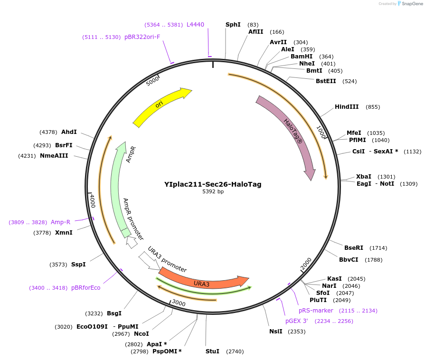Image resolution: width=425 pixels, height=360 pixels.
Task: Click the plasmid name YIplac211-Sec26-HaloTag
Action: (x=213, y=184)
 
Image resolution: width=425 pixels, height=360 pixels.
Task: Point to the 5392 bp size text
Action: (x=213, y=192)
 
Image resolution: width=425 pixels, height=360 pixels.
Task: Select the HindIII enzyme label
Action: (x=347, y=107)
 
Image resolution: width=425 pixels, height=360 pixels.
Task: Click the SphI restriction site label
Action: (x=233, y=24)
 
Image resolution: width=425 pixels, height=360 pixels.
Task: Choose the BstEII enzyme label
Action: (x=326, y=81)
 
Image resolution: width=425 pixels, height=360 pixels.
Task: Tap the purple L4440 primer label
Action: (x=195, y=24)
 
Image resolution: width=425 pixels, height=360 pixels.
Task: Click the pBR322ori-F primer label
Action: (x=142, y=37)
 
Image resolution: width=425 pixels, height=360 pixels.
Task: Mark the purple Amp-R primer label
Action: (x=61, y=222)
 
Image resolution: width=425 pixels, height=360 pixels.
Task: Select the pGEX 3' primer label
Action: (x=297, y=321)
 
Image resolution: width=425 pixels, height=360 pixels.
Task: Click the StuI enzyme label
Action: (x=212, y=351)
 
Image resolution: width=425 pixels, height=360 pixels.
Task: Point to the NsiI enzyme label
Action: (x=276, y=331)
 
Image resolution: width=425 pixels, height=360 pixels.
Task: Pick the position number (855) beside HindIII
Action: (x=373, y=107)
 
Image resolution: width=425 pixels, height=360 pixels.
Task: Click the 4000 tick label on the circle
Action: (x=93, y=200)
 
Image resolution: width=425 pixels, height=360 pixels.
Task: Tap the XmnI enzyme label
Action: (x=64, y=232)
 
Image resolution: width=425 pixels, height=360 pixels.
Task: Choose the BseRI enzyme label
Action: (x=354, y=247)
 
